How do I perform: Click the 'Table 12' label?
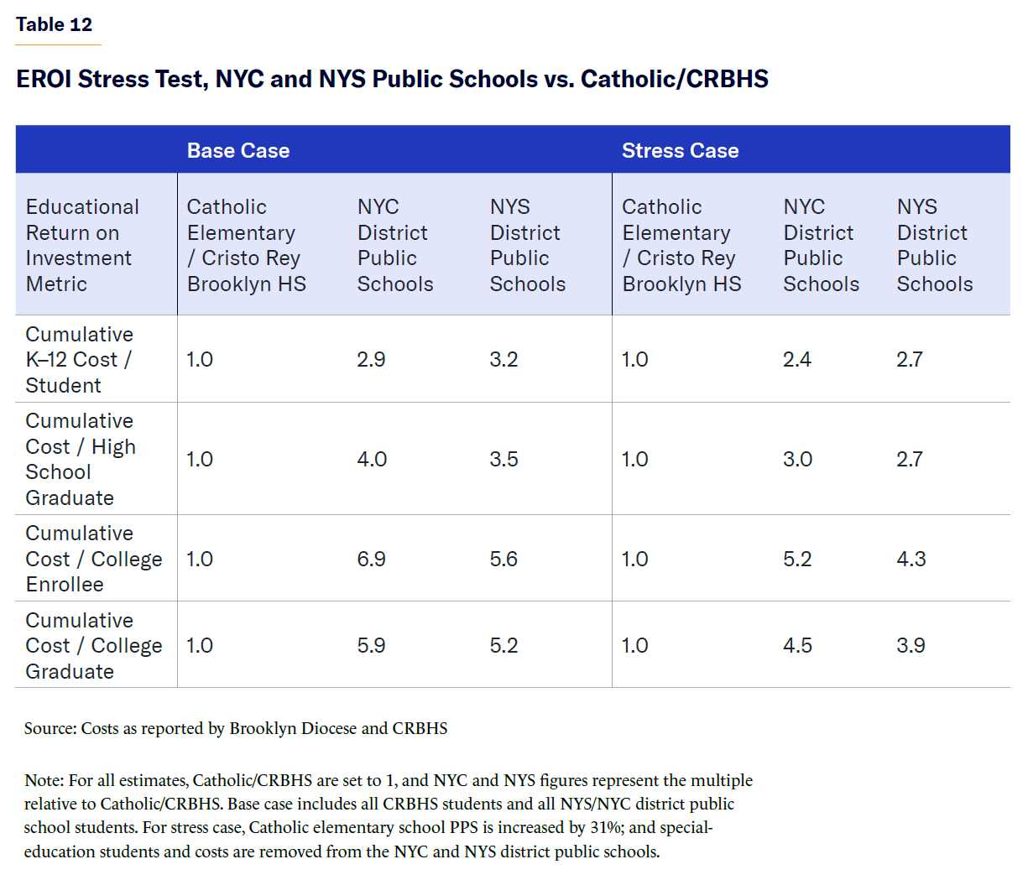coord(54,24)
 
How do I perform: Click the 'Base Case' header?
coord(238,150)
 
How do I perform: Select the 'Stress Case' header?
coord(680,150)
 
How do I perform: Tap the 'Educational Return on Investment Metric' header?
coord(82,245)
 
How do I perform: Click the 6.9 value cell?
coord(371,559)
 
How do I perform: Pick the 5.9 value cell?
coord(371,645)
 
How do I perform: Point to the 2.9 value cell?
coord(371,359)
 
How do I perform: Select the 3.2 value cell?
coord(504,359)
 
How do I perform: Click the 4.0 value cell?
coord(372,459)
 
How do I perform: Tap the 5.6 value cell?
coord(504,559)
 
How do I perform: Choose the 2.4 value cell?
coord(797,359)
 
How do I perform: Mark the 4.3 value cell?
coord(911,559)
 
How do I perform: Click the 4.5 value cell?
coord(797,645)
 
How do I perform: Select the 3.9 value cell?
coord(911,645)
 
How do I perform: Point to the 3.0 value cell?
coord(797,459)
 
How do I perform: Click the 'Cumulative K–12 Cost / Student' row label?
coord(79,359)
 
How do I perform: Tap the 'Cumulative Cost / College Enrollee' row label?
coord(93,559)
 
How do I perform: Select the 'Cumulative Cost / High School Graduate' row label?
coord(80,459)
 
